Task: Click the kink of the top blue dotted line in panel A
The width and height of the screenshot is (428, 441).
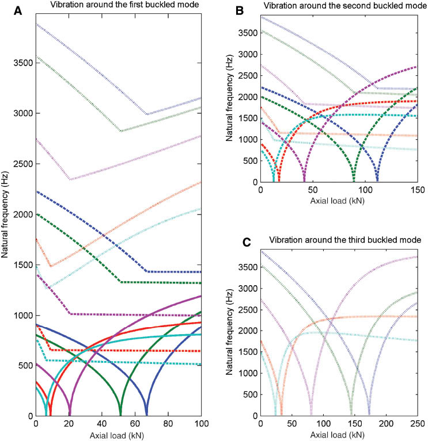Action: (147, 114)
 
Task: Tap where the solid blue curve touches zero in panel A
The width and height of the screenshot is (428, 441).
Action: (147, 415)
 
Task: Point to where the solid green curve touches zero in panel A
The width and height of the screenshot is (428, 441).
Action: (120, 415)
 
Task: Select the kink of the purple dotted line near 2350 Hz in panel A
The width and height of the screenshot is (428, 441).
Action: (70, 179)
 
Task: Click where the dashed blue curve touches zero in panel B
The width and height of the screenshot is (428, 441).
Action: (377, 182)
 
